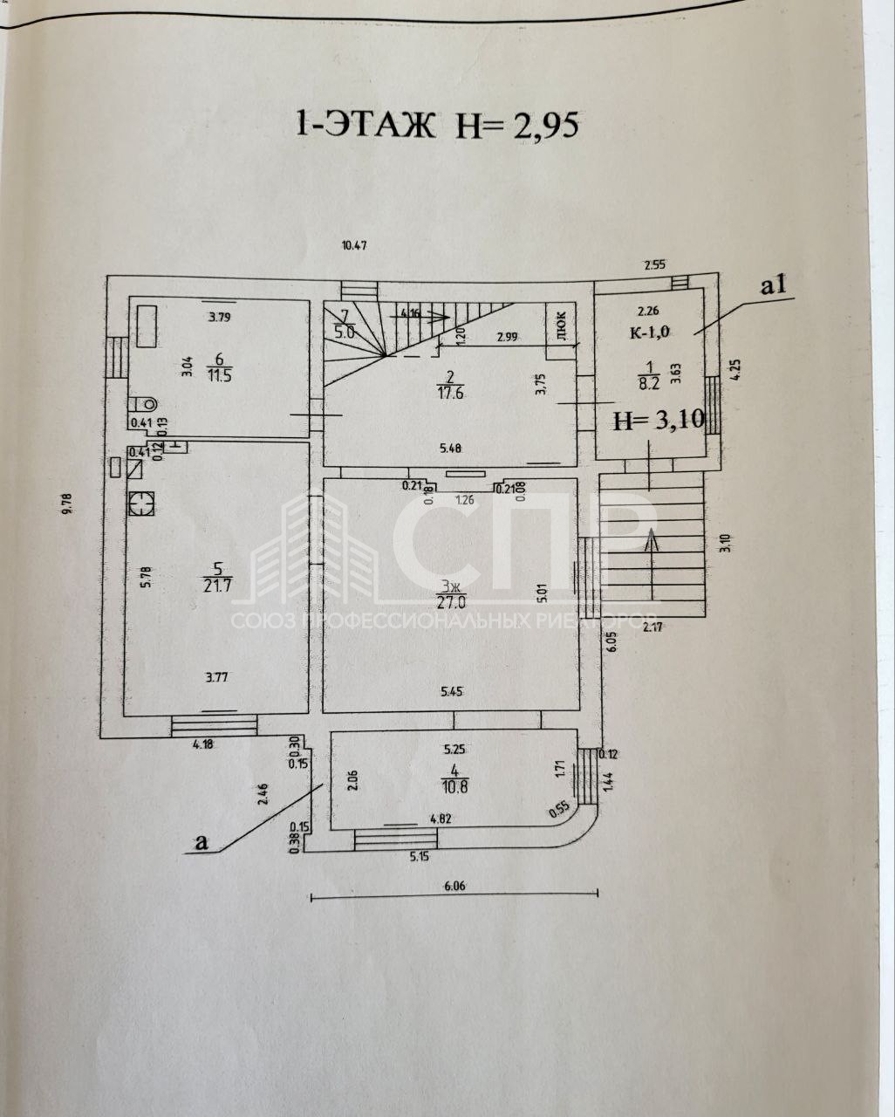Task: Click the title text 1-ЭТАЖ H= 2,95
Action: pyautogui.click(x=437, y=124)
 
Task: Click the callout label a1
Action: pyautogui.click(x=774, y=284)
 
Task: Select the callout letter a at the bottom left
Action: pyautogui.click(x=202, y=841)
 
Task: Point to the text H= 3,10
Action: pyautogui.click(x=658, y=421)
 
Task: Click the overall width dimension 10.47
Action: pyautogui.click(x=353, y=245)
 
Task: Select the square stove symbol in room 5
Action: pyautogui.click(x=140, y=503)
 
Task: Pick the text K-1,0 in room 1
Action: pyautogui.click(x=648, y=332)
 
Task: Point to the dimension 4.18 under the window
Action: pyautogui.click(x=203, y=744)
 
